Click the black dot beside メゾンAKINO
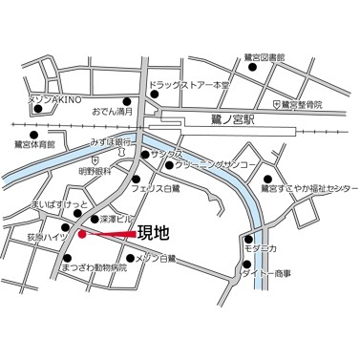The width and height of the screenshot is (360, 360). click(38, 108)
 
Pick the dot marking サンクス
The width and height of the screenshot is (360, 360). click(144, 154)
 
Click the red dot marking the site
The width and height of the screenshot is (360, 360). click(82, 233)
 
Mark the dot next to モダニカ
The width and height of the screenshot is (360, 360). click(248, 239)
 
